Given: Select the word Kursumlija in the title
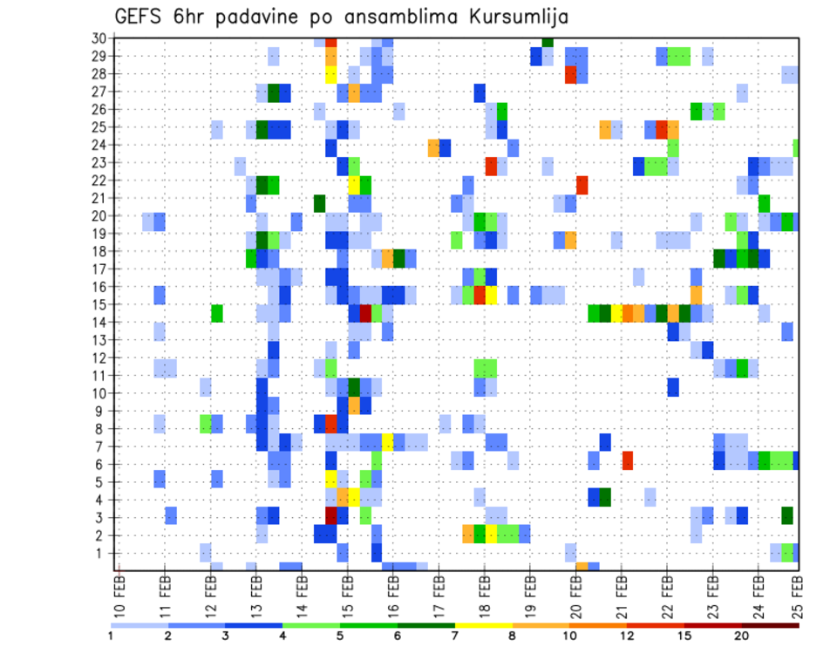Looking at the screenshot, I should (x=506, y=17).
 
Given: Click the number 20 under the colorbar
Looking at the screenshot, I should (x=742, y=636).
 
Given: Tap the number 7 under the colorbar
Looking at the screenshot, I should (x=454, y=636).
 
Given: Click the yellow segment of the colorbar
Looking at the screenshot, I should (x=483, y=625).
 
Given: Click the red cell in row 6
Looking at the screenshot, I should (x=628, y=460).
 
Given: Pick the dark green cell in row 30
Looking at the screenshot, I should (x=548, y=42).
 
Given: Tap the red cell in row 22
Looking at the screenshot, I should (x=582, y=184).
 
